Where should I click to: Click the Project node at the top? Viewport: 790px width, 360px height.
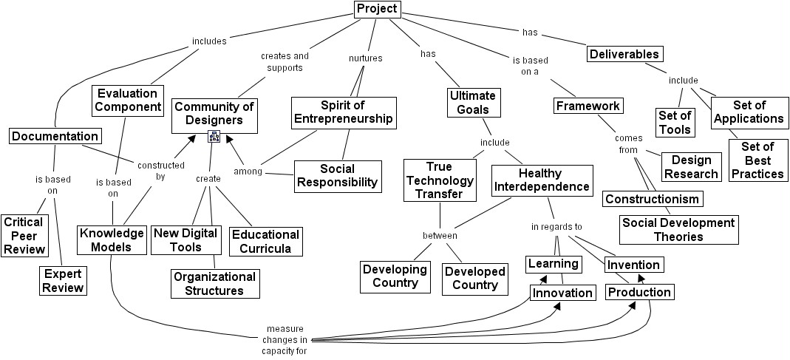tap(377, 10)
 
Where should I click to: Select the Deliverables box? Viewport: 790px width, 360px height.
tap(624, 54)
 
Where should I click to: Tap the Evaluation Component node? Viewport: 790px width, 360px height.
tap(127, 100)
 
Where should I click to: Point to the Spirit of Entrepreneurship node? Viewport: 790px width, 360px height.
tap(343, 112)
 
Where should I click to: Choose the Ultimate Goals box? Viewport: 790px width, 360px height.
tap(473, 103)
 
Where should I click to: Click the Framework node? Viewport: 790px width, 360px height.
tap(588, 106)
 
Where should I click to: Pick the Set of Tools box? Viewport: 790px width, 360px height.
tap(675, 123)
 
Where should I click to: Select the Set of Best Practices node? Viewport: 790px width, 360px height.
tap(757, 160)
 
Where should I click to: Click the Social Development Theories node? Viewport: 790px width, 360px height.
tap(678, 230)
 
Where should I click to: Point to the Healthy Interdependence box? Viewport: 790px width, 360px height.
tap(542, 180)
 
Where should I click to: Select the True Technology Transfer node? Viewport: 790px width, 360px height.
tap(439, 180)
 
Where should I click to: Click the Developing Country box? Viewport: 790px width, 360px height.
tap(395, 276)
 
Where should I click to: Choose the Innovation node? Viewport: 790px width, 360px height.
tap(562, 293)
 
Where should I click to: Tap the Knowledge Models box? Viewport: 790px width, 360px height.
tap(112, 240)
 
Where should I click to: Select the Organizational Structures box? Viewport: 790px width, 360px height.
tap(214, 283)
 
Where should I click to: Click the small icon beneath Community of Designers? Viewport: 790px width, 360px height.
tap(214, 136)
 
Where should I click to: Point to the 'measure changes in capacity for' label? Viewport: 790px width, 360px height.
tap(285, 340)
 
